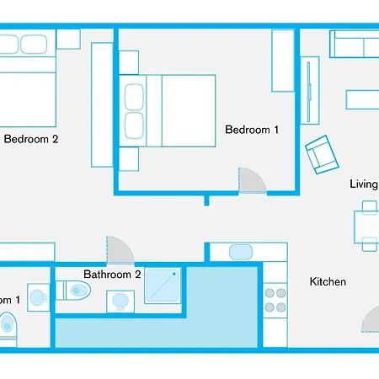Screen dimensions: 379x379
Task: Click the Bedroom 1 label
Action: click(x=252, y=130)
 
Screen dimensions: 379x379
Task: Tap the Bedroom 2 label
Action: click(x=31, y=140)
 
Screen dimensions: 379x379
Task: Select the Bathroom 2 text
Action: click(x=112, y=275)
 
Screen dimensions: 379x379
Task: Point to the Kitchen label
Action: click(x=328, y=282)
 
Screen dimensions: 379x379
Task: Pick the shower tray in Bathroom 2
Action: click(x=163, y=287)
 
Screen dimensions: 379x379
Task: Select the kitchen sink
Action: click(x=240, y=251)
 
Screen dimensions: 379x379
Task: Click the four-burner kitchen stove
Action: click(x=275, y=301)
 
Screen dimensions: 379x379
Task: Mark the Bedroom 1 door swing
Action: click(x=251, y=180)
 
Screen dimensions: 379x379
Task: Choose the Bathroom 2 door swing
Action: click(x=119, y=250)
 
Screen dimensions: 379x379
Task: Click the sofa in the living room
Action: click(x=354, y=43)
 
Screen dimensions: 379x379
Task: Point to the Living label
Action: click(x=364, y=184)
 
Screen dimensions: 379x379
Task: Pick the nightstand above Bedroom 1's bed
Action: click(x=129, y=62)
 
